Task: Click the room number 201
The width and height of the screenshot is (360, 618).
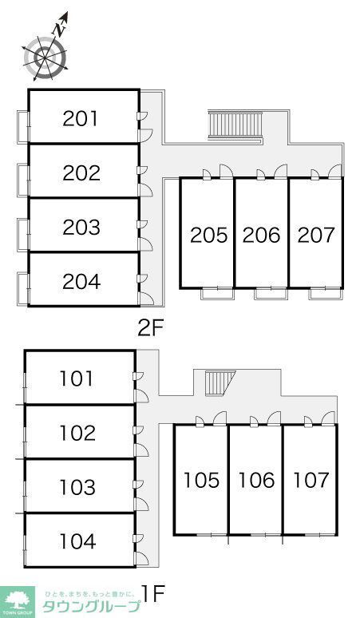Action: tap(80, 119)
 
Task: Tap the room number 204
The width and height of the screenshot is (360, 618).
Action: tap(81, 281)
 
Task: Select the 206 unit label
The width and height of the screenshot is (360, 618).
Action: tap(261, 235)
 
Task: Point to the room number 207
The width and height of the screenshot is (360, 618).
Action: tap(315, 235)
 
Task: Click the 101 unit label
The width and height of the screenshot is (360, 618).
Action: tap(77, 378)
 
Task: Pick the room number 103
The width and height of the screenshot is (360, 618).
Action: tap(77, 487)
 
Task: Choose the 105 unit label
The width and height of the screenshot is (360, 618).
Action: tap(202, 480)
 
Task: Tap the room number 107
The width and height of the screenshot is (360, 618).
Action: tap(311, 480)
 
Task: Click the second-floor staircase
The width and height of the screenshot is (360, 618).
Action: tap(235, 125)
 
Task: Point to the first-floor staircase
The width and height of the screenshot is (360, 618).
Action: tap(220, 383)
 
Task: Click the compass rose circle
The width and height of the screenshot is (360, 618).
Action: tap(44, 57)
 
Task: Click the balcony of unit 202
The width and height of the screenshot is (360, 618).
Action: tap(23, 180)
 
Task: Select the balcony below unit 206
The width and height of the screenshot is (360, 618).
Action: tap(270, 294)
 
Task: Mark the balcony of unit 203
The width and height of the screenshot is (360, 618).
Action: tap(23, 234)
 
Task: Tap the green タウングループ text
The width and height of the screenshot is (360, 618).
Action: tap(90, 606)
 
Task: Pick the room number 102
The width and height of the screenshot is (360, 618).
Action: tap(77, 433)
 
